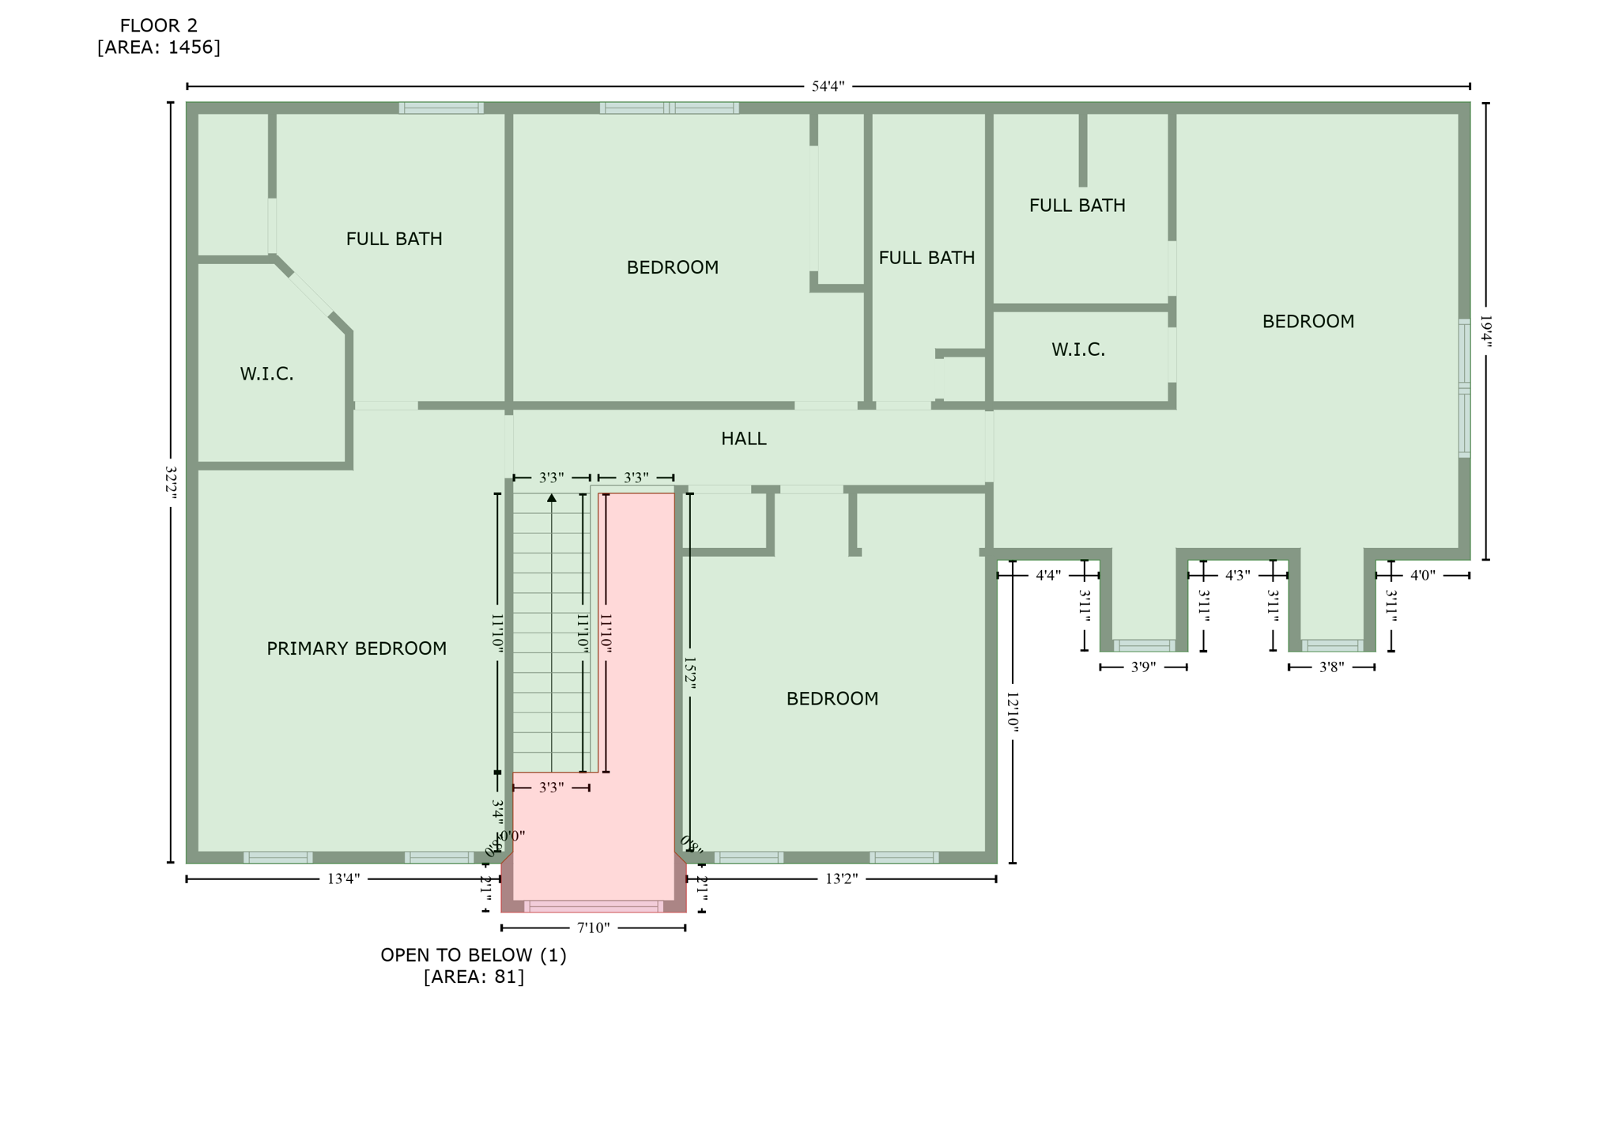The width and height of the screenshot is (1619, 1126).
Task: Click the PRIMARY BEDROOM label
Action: pyautogui.click(x=356, y=649)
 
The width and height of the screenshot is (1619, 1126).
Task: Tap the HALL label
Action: pyautogui.click(x=743, y=439)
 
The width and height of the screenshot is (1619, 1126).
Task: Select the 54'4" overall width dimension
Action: pyautogui.click(x=828, y=86)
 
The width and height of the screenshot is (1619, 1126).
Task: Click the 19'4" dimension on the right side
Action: pyautogui.click(x=1485, y=331)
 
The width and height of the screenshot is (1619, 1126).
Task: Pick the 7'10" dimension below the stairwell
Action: pyautogui.click(x=593, y=928)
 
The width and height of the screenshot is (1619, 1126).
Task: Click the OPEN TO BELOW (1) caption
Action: pyautogui.click(x=474, y=955)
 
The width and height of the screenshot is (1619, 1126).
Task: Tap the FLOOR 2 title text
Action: pyautogui.click(x=159, y=26)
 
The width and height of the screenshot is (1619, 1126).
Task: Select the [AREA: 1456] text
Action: pyautogui.click(x=159, y=47)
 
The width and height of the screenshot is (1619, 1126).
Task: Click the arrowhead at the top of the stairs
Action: pyautogui.click(x=552, y=497)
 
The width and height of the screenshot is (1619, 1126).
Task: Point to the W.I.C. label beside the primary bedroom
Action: pyautogui.click(x=266, y=374)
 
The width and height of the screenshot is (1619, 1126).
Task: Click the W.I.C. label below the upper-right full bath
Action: pyautogui.click(x=1078, y=350)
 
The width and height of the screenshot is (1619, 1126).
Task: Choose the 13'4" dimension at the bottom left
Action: pyautogui.click(x=343, y=879)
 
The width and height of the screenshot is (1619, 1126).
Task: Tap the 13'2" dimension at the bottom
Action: pyautogui.click(x=841, y=879)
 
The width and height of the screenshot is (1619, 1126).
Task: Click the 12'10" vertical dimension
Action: pyautogui.click(x=1013, y=712)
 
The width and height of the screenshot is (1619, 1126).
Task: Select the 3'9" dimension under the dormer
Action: pyautogui.click(x=1143, y=667)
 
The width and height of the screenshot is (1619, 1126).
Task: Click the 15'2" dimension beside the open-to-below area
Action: pyautogui.click(x=689, y=673)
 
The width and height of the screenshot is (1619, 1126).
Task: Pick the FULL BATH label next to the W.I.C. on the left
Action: pyautogui.click(x=394, y=239)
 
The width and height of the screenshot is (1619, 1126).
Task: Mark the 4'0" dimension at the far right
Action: pyautogui.click(x=1422, y=576)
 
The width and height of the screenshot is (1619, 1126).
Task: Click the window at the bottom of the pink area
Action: pyautogui.click(x=594, y=906)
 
